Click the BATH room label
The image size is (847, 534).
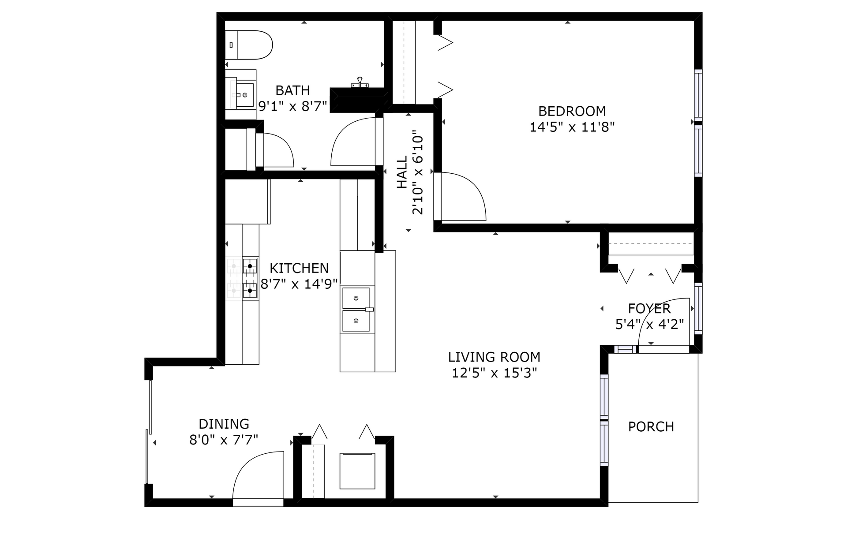[292, 90]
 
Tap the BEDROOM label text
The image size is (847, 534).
[572, 111]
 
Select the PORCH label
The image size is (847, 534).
[651, 427]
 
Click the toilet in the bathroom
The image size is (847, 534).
[249, 45]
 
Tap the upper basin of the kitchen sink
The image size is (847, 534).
[356, 298]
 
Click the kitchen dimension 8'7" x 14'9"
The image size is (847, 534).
[299, 284]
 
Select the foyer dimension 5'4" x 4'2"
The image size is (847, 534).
[649, 325]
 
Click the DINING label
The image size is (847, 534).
[224, 424]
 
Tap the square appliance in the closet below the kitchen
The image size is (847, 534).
[357, 471]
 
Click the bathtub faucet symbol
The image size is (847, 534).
[360, 82]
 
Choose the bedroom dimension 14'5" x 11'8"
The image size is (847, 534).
[572, 127]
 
